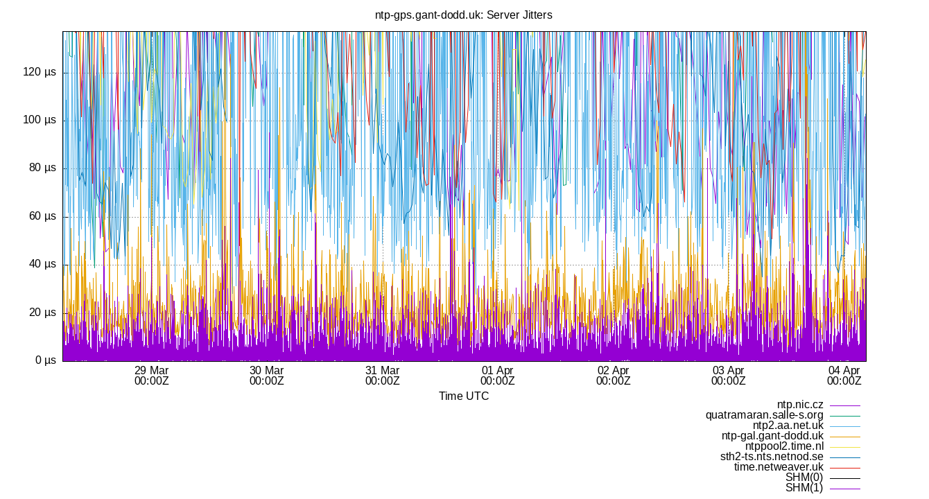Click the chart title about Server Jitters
click(464, 15)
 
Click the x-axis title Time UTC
click(464, 396)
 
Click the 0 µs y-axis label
click(45, 360)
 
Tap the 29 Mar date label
click(151, 371)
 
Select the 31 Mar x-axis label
click(382, 371)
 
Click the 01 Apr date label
click(497, 371)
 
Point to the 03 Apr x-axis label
click(728, 371)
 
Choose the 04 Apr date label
click(844, 371)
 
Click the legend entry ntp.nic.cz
click(800, 405)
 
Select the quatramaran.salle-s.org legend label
click(764, 415)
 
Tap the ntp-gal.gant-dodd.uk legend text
click(772, 436)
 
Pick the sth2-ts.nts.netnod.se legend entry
click(772, 457)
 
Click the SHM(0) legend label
click(804, 478)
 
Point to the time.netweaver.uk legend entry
click(779, 467)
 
